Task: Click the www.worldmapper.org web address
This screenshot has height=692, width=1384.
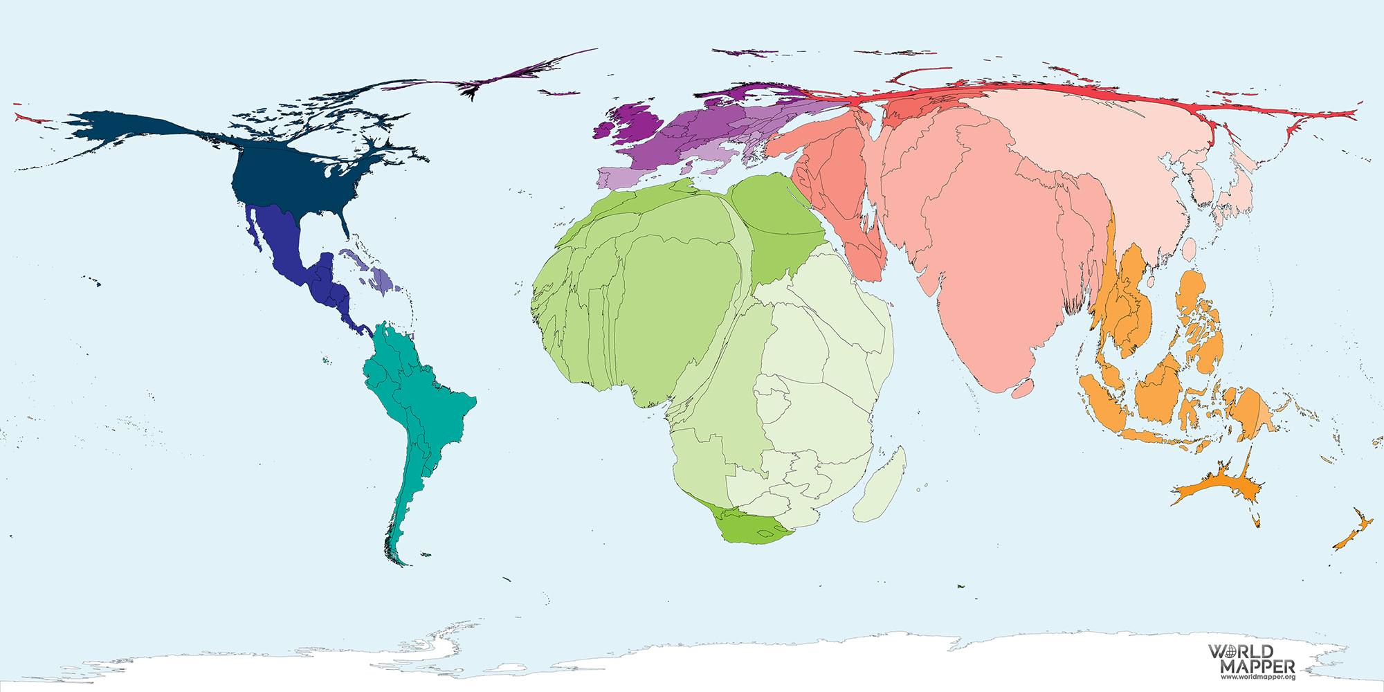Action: tap(1257, 677)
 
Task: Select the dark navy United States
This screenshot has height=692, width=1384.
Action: tap(291, 180)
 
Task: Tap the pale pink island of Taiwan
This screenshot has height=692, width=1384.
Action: tap(1190, 249)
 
